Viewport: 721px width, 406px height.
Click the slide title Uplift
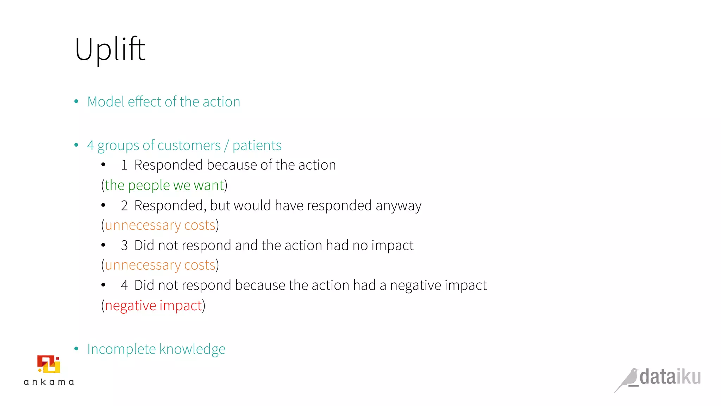click(x=110, y=49)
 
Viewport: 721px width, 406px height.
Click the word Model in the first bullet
click(x=106, y=102)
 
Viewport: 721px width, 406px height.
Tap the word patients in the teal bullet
click(x=257, y=146)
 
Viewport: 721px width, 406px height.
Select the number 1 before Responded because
click(x=124, y=165)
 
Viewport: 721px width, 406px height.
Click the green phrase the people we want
click(x=164, y=185)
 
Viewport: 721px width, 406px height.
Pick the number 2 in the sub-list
click(x=124, y=206)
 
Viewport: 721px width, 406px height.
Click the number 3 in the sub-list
click(x=124, y=246)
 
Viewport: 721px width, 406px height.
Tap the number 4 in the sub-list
click(x=124, y=285)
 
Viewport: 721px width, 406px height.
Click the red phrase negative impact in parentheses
click(x=153, y=306)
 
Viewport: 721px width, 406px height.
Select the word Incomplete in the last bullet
click(x=121, y=349)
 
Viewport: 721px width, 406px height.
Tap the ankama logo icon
click(x=49, y=364)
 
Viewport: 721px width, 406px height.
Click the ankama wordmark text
click(x=49, y=382)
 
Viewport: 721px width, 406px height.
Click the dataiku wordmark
click(x=670, y=377)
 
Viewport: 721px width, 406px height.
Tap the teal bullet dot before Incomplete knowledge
click(x=76, y=349)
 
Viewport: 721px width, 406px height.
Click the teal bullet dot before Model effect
click(x=76, y=101)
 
